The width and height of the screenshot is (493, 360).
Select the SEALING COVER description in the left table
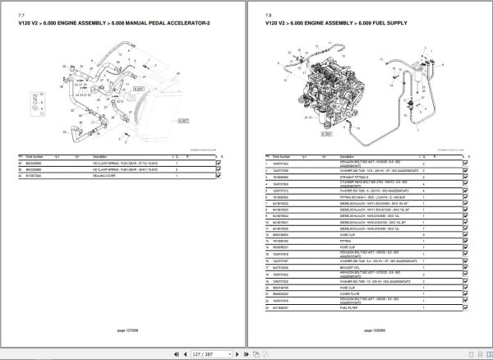(107, 175)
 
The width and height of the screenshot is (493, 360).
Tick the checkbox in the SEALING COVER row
(219, 175)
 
